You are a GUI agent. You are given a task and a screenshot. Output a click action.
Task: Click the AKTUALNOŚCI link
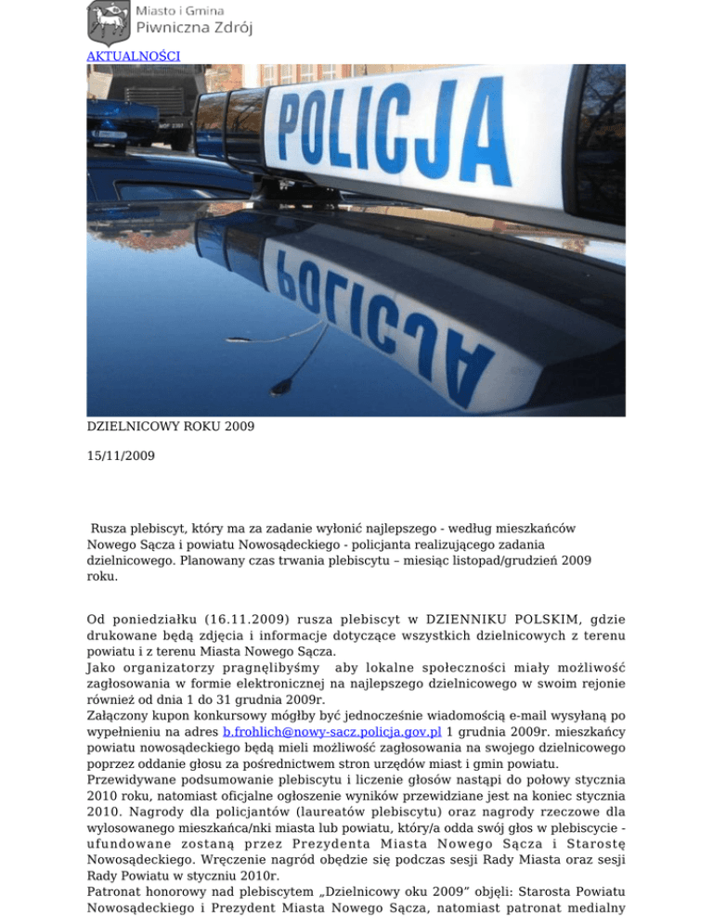click(x=133, y=56)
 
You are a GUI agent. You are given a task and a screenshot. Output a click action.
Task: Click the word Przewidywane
click(x=140, y=781)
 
